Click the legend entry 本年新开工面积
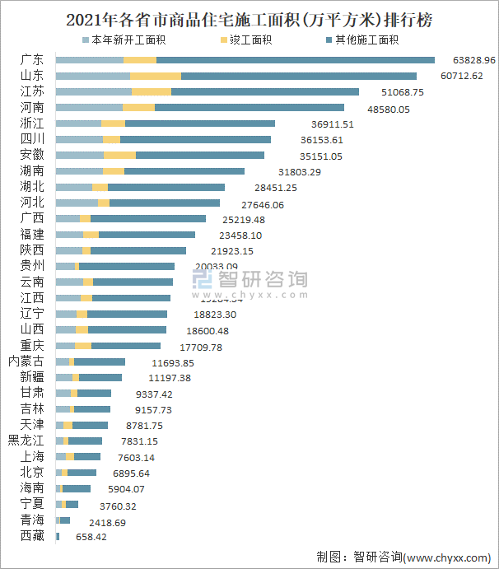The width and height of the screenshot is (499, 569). [125, 40]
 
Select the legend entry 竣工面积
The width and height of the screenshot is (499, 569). [247, 40]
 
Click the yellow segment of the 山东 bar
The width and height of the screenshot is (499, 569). [156, 76]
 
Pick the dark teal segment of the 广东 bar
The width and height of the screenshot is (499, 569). [295, 60]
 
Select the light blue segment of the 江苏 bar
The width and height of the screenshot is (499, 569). [93, 91]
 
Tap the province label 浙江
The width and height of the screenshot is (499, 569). [33, 124]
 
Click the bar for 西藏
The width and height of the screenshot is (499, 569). [58, 536]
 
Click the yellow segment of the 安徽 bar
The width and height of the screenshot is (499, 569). [119, 155]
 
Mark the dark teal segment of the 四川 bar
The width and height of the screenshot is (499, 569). [195, 139]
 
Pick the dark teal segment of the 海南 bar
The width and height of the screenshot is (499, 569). [77, 488]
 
